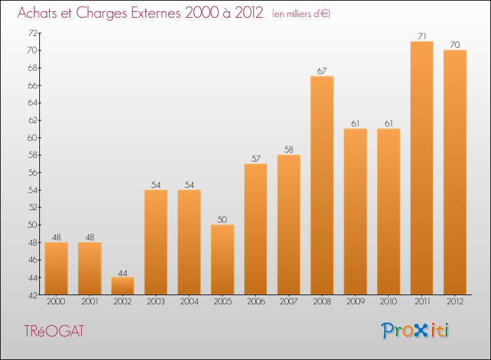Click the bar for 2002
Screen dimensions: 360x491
tap(122, 286)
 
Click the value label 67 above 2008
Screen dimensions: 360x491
tap(322, 71)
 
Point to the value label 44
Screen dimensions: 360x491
tap(122, 272)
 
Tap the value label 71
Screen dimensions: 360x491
tap(422, 35)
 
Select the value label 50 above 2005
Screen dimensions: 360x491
tap(223, 219)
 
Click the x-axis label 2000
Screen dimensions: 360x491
tap(56, 302)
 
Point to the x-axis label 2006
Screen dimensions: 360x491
tap(255, 302)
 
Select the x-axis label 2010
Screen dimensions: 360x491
tap(388, 302)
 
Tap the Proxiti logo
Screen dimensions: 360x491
tap(415, 331)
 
